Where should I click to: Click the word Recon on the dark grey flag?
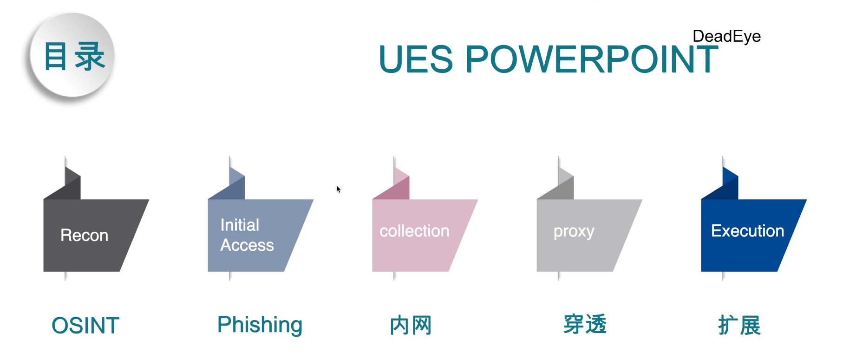pos(84,236)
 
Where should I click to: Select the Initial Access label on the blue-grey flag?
pos(247,235)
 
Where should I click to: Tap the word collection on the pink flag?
pos(414,231)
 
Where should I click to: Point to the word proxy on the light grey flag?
pos(574,231)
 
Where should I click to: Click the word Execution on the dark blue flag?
pos(747,231)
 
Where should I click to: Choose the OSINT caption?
pos(85,325)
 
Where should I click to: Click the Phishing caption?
pos(260,325)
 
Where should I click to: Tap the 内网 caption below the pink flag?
pos(411,325)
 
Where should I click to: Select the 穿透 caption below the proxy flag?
pos(585,324)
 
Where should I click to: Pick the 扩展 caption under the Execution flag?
pos(739,325)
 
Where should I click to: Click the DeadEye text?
pos(726,36)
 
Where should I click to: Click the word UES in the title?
pos(416,59)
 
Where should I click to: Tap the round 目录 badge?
pos(72,56)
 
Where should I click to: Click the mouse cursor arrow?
pos(339,189)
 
